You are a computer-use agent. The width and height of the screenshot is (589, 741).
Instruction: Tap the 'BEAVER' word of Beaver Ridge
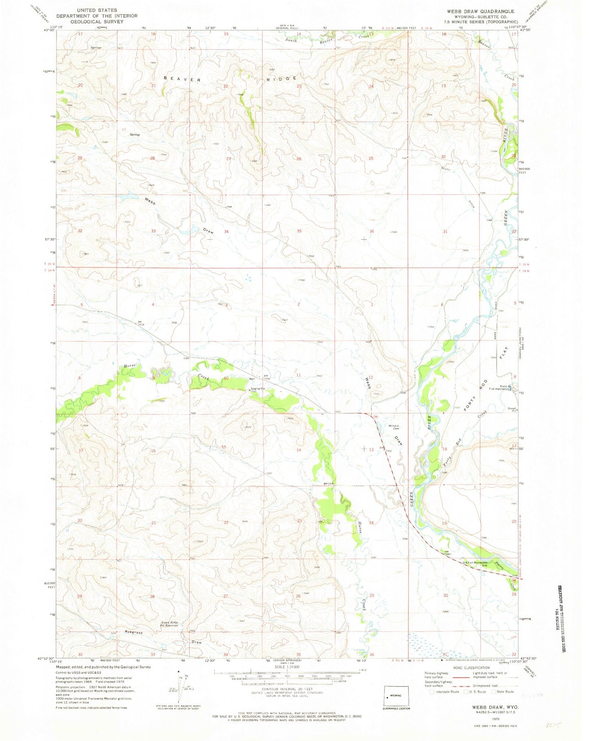(x=182, y=79)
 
